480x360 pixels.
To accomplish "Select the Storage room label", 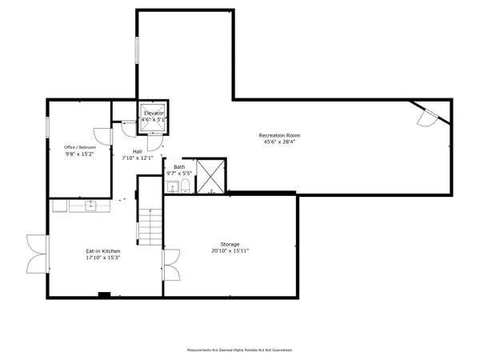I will [x=230, y=244].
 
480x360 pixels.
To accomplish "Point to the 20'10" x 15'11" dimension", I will [x=230, y=251].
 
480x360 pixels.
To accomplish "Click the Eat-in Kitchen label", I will [x=103, y=251].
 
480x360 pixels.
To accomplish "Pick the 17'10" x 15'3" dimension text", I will [x=103, y=258].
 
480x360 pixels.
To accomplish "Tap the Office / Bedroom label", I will [x=80, y=147].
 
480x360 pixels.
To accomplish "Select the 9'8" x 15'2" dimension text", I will [x=80, y=154].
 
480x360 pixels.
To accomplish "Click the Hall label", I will [x=138, y=151].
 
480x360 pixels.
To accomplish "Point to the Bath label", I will [x=179, y=166].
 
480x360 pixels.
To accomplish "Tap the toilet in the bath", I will [x=186, y=187].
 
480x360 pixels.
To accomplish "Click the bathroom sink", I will [x=173, y=187].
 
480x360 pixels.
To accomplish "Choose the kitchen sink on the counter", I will [x=90, y=206].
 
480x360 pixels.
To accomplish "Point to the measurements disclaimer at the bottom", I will [x=239, y=350].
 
